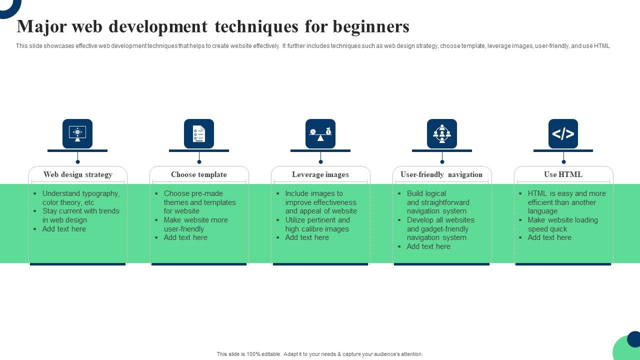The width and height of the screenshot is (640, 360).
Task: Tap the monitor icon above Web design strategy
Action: click(x=77, y=133)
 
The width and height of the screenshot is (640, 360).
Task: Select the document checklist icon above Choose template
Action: click(x=199, y=133)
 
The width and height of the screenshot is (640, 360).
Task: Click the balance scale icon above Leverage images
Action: click(x=320, y=133)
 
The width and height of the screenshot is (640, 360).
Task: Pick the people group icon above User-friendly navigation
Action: click(x=442, y=133)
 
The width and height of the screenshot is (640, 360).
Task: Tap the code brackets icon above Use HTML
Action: click(x=563, y=133)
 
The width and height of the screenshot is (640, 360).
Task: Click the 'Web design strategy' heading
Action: click(x=77, y=174)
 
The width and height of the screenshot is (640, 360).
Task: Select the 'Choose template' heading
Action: click(x=199, y=174)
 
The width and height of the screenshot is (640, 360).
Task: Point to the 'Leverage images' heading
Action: click(x=320, y=174)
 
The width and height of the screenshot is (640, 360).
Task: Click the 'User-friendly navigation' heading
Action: click(x=441, y=174)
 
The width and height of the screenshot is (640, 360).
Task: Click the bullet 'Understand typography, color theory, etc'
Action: click(x=80, y=198)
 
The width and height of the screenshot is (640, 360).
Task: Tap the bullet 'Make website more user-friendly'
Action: click(x=195, y=224)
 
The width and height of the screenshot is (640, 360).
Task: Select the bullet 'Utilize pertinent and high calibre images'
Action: click(x=317, y=224)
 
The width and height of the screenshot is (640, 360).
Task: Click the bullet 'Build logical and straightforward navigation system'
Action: click(x=438, y=202)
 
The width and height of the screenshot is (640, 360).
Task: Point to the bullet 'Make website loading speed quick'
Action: click(x=562, y=224)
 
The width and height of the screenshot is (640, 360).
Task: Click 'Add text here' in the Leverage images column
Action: click(x=307, y=237)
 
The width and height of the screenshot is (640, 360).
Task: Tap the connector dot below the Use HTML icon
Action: click(x=563, y=162)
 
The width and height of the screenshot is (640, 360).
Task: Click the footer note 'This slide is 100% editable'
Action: click(x=319, y=354)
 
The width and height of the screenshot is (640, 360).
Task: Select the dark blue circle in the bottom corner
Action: click(x=634, y=339)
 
